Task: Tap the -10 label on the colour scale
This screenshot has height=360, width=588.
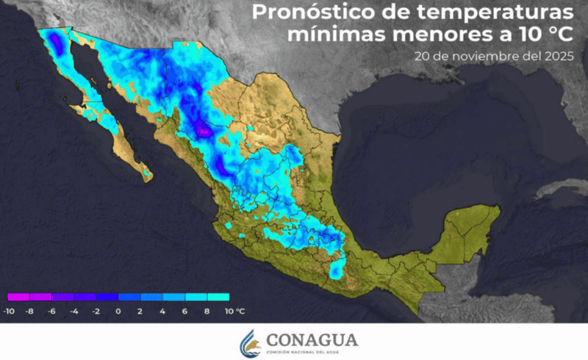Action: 9,312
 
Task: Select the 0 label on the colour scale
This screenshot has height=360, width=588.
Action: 118,312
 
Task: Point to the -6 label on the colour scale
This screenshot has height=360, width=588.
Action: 53,312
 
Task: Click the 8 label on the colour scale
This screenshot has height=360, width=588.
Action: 207,312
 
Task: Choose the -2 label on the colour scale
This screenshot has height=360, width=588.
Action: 96,312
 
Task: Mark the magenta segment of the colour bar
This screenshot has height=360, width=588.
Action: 18,298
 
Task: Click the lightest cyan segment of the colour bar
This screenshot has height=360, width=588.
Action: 218,298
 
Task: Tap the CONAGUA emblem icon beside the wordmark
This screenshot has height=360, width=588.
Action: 250,342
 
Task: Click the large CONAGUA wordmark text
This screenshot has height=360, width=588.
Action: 312,339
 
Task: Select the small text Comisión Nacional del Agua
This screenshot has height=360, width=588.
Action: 312,353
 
